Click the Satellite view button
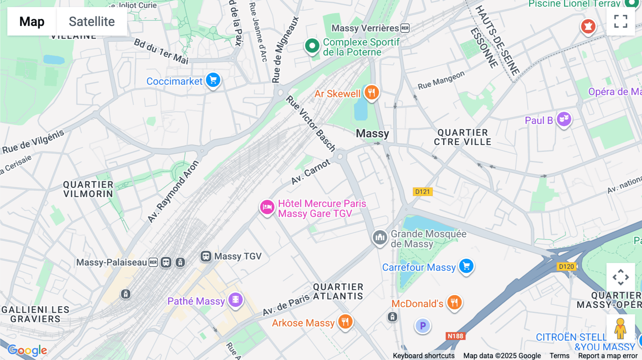tap(92, 21)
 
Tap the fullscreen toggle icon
tap(621, 21)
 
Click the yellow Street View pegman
tap(620, 328)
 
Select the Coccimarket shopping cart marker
tap(213, 80)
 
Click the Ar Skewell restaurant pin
tap(372, 93)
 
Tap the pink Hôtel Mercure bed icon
tap(267, 207)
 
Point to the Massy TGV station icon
tap(206, 256)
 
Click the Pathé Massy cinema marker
tap(235, 300)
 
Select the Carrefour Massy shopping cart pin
tap(466, 266)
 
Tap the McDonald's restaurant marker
tap(454, 303)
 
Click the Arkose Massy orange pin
tap(345, 322)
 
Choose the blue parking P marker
tap(423, 326)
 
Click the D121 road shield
tap(423, 192)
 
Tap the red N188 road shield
tap(455, 336)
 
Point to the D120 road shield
tap(566, 267)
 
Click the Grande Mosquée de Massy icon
tap(380, 237)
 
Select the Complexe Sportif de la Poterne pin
tap(312, 46)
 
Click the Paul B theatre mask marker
tap(564, 119)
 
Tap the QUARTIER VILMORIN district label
tap(88, 189)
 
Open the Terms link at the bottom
tap(559, 355)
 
